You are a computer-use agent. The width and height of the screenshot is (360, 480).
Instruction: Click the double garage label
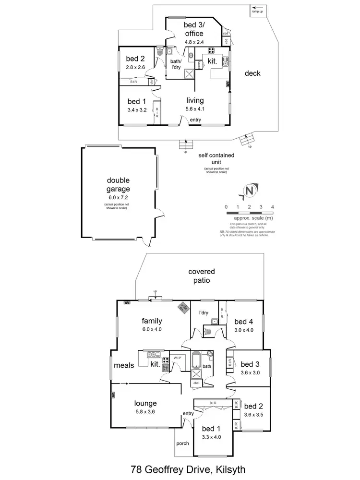pos(118,185)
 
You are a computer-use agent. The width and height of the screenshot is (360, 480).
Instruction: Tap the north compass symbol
pos(249,191)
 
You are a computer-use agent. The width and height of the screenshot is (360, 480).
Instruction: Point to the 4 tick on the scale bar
pos(273,207)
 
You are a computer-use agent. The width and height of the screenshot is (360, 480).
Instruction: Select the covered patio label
pos(202,276)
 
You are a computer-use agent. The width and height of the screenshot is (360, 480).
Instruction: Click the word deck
pos(252,73)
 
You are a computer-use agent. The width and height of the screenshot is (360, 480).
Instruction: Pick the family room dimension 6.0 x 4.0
pos(152,330)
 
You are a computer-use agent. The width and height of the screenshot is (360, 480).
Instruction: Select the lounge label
pos(145,403)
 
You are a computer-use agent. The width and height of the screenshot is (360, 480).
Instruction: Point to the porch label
pos(182,443)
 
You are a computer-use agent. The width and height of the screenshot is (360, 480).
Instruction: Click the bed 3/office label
pos(193,29)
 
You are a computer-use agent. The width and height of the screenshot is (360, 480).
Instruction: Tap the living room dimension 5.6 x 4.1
pos(195,109)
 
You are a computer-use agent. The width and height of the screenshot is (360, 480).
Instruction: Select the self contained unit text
pos(216,159)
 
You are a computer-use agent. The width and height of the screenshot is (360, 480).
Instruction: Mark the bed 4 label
pos(244,322)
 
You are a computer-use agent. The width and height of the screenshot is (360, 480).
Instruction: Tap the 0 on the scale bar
pos(226,207)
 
